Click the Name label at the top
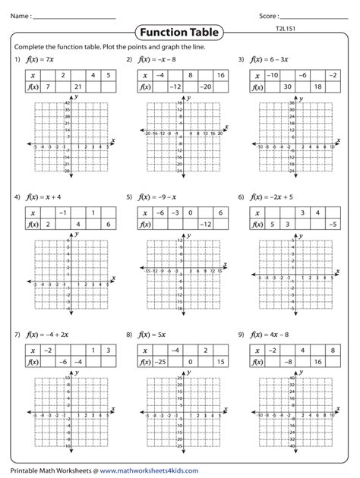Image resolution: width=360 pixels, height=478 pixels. pos(20,14)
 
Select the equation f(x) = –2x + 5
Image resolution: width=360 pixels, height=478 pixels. pos(274,197)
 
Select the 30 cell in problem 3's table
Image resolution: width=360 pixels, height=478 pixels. pos(289,87)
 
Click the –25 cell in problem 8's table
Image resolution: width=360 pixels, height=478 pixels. pos(162,362)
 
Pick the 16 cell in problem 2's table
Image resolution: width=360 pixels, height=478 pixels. pos(219,75)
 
